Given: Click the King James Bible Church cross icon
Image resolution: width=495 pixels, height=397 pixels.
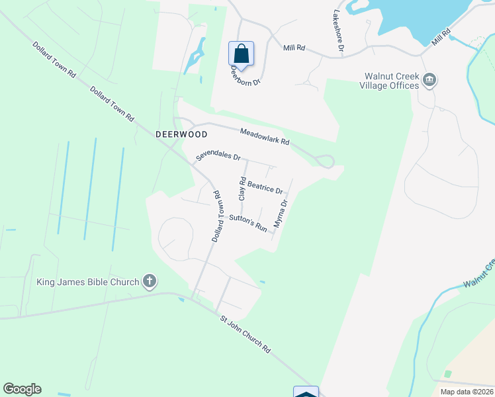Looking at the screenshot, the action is click(x=150, y=282).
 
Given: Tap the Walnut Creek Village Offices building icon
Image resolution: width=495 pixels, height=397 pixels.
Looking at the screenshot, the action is click(x=429, y=81).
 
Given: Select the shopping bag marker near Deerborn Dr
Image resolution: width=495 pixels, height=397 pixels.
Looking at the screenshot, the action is click(x=241, y=54).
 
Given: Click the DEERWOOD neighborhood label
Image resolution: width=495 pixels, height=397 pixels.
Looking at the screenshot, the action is click(x=181, y=134).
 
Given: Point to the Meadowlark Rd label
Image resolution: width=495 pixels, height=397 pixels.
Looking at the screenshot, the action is click(x=265, y=137).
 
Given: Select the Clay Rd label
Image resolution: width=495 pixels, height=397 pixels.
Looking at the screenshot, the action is click(x=242, y=189).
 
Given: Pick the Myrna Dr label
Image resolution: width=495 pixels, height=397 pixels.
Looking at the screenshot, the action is click(x=281, y=214).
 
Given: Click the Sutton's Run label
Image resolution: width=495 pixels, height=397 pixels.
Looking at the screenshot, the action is click(x=248, y=222).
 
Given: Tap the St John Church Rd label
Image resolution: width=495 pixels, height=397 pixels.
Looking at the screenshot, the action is click(x=246, y=334).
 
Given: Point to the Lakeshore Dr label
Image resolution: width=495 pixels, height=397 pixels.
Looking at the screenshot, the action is click(x=339, y=30).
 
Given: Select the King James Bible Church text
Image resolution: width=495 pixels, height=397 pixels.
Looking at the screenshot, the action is click(x=89, y=282).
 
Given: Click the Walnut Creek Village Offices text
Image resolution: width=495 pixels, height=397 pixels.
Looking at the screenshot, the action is click(x=389, y=81).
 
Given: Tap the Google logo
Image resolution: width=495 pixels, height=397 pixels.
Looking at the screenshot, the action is click(x=22, y=389).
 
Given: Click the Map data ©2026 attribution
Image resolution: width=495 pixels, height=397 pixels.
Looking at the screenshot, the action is click(x=466, y=392).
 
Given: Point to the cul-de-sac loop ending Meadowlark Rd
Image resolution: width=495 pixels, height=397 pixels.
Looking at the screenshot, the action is click(x=324, y=161).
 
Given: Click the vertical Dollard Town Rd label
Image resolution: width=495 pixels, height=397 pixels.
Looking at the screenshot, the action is click(x=216, y=216).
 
